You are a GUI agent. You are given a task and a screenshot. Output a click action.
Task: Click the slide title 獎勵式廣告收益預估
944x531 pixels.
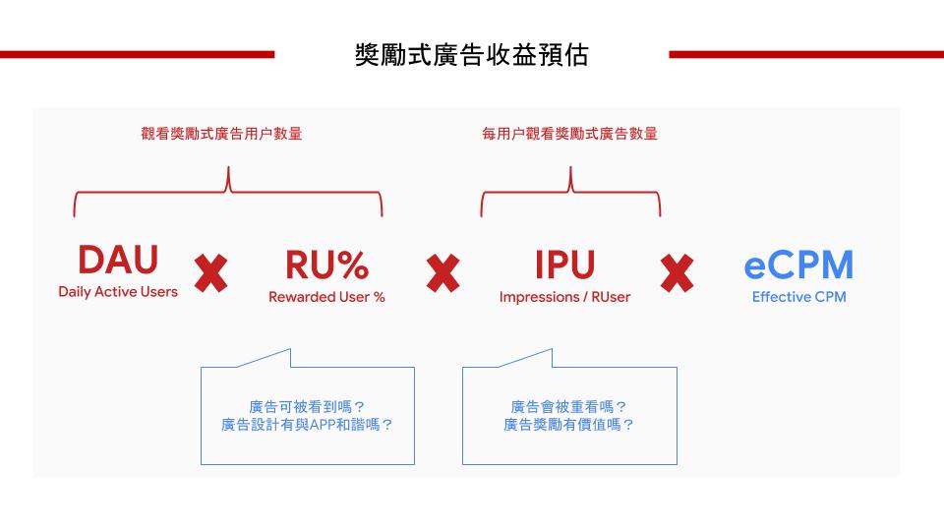[471, 55]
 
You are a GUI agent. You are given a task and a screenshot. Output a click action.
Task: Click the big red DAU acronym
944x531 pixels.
[118, 261]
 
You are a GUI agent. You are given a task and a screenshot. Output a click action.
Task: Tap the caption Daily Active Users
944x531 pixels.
[118, 292]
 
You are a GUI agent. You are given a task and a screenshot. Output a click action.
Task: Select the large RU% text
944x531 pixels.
[326, 265]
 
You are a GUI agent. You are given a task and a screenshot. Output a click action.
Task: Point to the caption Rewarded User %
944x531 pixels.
[326, 297]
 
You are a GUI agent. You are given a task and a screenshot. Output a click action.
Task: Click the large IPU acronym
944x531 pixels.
[564, 265]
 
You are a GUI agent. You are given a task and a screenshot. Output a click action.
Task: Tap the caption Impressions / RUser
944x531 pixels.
[564, 297]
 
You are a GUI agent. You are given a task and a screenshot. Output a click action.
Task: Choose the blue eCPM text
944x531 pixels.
[798, 265]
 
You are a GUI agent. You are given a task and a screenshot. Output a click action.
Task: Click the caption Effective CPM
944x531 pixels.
[798, 297]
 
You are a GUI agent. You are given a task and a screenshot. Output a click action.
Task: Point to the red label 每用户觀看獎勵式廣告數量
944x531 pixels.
[569, 134]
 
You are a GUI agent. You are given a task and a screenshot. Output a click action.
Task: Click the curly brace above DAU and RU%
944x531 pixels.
[228, 192]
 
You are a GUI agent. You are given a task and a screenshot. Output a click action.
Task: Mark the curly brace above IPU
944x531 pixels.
[570, 192]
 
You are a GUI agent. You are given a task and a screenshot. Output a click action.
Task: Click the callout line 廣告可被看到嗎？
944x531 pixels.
[307, 406]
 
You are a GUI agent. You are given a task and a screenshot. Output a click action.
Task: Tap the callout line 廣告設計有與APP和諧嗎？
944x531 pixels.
[307, 426]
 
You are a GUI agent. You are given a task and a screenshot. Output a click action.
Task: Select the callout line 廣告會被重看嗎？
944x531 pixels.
[569, 406]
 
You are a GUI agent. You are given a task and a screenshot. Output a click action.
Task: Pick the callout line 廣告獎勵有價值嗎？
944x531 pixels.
[569, 426]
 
